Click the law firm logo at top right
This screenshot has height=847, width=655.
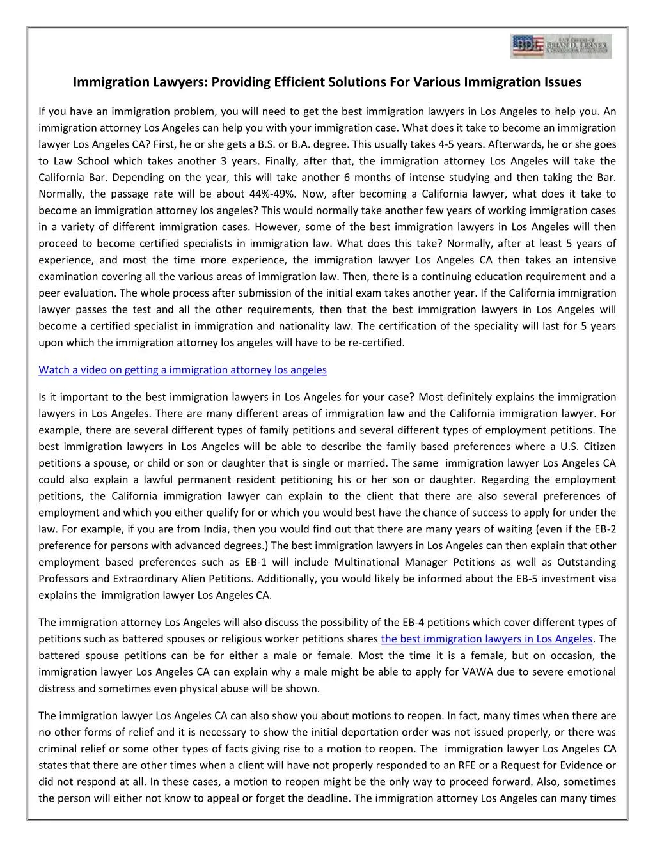561,47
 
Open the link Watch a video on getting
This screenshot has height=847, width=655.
182,369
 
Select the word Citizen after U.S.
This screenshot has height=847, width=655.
597,446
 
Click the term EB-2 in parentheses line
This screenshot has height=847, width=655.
604,529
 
